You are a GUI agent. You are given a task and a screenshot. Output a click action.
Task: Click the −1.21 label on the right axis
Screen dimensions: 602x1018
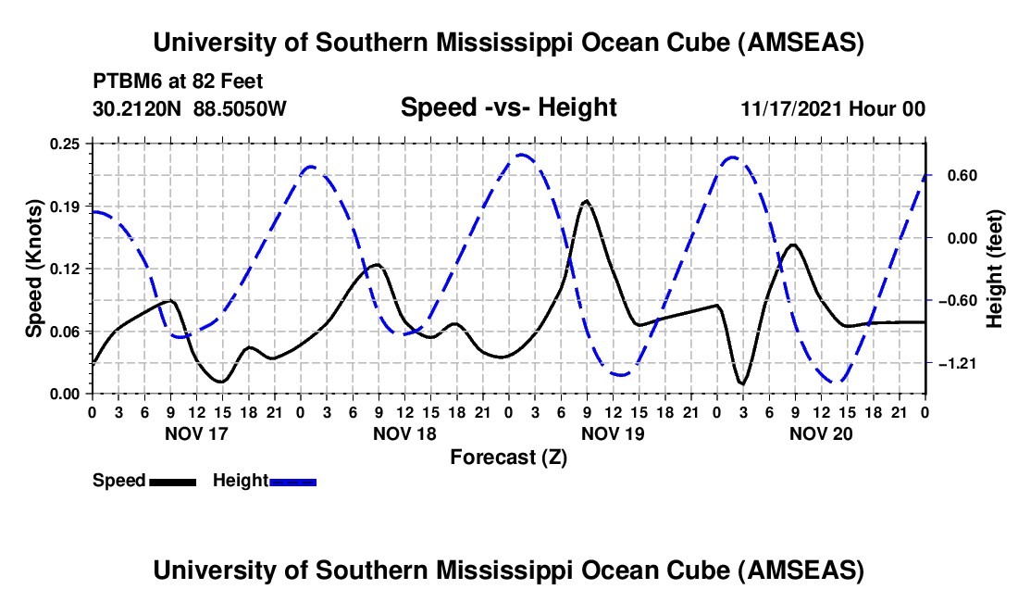(960, 364)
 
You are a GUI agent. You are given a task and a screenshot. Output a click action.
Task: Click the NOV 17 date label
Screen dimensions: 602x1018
(195, 433)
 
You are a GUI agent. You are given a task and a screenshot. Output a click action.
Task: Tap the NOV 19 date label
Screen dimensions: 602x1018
(613, 433)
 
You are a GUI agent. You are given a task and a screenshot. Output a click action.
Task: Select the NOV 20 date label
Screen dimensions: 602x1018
(821, 433)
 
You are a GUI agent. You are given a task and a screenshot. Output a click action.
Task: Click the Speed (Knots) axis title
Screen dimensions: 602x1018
(33, 269)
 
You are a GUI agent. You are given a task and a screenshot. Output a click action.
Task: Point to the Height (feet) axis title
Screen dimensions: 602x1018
(995, 269)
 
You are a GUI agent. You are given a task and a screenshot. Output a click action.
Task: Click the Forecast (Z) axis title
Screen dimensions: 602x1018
(508, 457)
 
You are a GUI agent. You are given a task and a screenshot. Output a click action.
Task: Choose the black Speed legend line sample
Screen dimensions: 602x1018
(172, 482)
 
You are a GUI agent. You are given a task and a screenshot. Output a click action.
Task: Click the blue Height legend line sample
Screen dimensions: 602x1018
(292, 482)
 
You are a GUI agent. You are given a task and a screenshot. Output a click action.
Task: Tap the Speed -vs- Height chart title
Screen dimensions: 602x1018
(508, 108)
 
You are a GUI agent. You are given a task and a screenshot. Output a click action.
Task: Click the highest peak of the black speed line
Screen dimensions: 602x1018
(586, 201)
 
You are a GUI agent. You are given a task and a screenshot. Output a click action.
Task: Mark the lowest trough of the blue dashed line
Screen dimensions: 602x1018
(837, 382)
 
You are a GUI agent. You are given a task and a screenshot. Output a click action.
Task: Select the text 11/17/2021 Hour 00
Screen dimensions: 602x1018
(833, 109)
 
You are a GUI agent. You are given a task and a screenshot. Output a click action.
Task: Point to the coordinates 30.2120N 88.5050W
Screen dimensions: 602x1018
(190, 108)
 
